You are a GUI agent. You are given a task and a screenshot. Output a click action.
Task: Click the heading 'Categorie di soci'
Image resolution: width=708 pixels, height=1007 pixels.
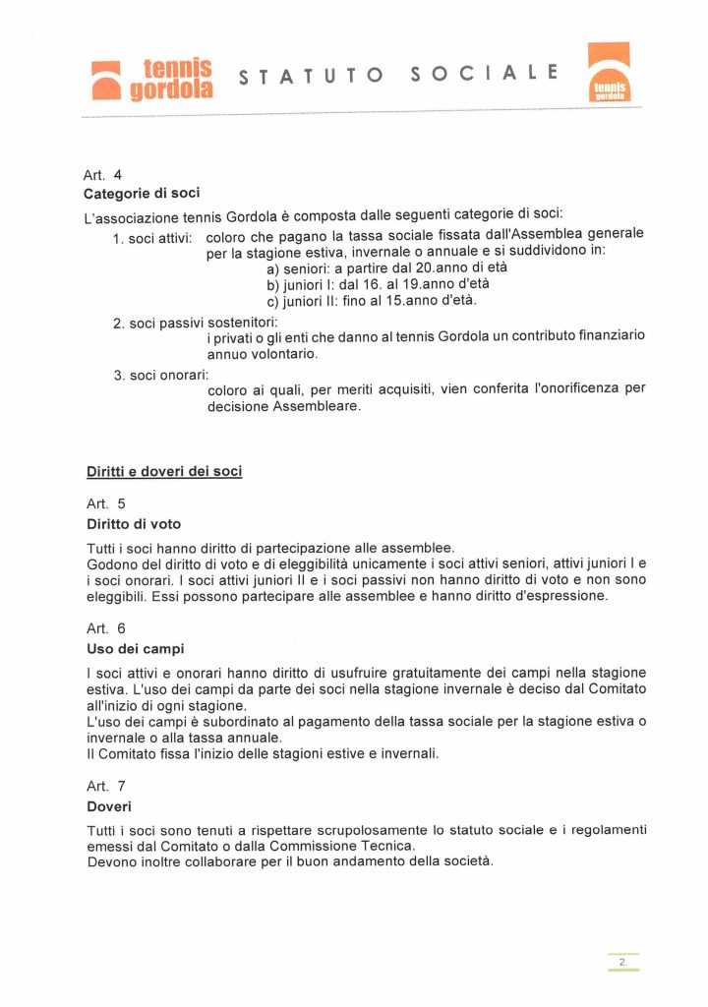(142, 193)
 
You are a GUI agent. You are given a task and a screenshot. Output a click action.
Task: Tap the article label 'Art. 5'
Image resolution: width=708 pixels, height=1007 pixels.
(105, 504)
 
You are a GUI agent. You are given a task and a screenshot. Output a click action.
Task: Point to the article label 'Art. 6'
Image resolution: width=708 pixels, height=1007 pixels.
(105, 628)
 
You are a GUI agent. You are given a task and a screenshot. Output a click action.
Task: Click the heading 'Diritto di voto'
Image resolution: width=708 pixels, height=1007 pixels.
(134, 523)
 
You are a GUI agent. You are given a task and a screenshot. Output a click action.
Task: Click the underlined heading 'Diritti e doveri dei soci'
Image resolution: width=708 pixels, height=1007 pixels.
(164, 472)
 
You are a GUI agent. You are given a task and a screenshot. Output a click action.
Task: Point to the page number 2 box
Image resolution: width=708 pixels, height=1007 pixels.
(622, 962)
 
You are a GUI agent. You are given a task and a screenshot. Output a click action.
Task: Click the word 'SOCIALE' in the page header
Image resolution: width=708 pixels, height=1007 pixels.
(485, 73)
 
